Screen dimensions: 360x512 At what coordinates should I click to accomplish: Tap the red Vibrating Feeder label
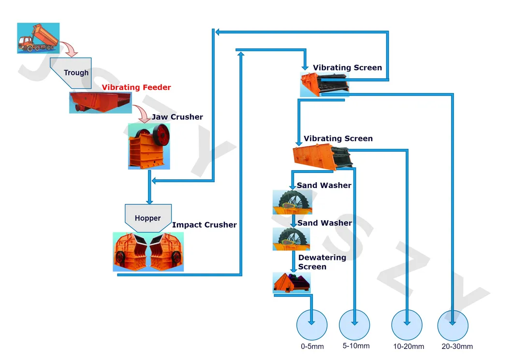click(x=136, y=87)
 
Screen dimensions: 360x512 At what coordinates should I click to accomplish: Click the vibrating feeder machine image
click(x=100, y=102)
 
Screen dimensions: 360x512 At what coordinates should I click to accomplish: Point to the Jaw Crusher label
click(x=177, y=117)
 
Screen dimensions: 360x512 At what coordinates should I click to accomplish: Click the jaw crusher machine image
click(x=149, y=146)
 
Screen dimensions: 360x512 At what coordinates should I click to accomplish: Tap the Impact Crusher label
click(x=205, y=225)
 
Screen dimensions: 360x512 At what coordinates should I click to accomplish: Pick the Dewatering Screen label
click(x=315, y=262)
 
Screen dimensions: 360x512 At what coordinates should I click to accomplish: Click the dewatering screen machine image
click(x=292, y=283)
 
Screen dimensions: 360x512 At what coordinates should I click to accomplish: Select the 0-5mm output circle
click(x=311, y=324)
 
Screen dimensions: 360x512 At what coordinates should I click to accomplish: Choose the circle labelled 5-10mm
click(x=354, y=324)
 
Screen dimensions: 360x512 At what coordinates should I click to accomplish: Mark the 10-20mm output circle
click(x=407, y=324)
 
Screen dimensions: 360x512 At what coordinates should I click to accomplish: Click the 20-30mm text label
click(x=457, y=346)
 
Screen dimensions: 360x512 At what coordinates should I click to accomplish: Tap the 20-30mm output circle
click(x=453, y=324)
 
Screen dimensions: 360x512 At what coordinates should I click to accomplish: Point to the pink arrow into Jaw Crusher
click(x=143, y=114)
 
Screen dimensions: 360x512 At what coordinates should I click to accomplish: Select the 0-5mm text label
click(x=311, y=346)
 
